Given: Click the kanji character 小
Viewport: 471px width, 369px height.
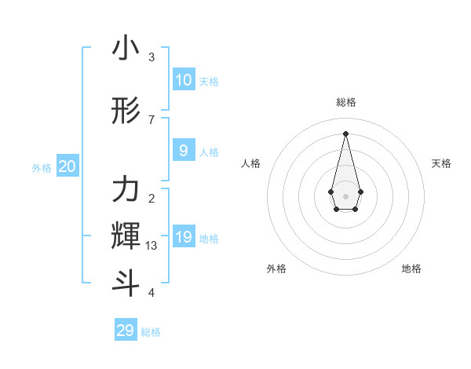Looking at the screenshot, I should click(126, 49).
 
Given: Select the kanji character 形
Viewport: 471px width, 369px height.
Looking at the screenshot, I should click(126, 112).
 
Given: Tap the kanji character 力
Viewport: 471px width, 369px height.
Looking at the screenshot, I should click(126, 188).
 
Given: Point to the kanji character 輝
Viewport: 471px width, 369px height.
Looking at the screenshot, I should click(126, 234).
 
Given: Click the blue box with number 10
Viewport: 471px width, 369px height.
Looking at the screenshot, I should click(183, 80).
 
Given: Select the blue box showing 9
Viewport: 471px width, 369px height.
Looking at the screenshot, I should click(183, 151).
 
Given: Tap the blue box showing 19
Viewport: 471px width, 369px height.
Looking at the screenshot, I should click(183, 237).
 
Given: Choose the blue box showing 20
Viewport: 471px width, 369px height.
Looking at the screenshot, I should click(68, 166).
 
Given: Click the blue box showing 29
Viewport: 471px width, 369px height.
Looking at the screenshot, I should click(126, 331).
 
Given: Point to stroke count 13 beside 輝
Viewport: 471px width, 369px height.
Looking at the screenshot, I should click(152, 246).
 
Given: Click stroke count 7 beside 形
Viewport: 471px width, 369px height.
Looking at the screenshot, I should click(152, 119).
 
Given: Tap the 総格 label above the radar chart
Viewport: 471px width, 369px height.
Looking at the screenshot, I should click(346, 102).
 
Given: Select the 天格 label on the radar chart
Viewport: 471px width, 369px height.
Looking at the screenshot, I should click(441, 163).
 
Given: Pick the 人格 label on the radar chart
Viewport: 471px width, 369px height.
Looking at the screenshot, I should click(251, 163).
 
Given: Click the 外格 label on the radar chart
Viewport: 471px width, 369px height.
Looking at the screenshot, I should click(276, 269).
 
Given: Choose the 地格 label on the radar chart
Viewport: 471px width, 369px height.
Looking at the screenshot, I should click(411, 269).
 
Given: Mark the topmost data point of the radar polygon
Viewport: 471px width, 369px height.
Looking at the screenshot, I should click(345, 133).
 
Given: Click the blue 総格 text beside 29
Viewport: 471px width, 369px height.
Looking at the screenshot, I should click(151, 332).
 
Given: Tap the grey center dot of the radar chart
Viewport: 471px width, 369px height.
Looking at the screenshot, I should click(345, 195).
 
